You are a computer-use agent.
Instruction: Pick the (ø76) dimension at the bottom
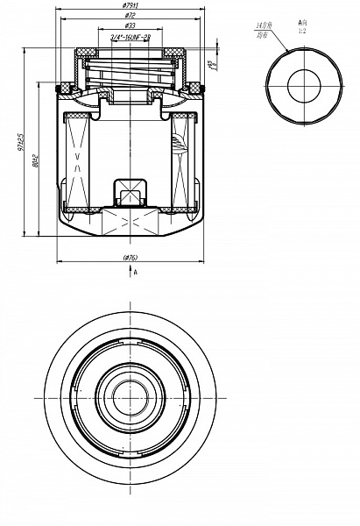131,258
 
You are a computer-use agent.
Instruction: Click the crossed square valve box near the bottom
131,190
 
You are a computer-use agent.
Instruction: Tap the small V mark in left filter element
79,158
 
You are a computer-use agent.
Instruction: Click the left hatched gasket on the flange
66,87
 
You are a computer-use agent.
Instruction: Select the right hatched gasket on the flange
197,87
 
